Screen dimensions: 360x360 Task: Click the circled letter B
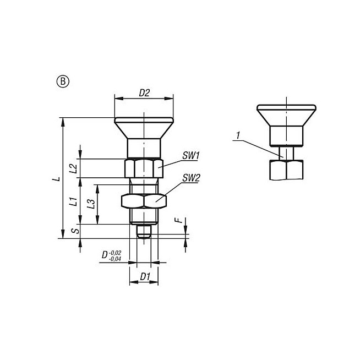point(63,81)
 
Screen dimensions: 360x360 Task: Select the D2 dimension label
point(144,93)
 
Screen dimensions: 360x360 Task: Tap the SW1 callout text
point(190,156)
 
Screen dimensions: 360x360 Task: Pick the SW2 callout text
point(191,178)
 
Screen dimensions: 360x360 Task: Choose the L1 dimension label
point(73,201)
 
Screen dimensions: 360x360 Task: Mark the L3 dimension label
point(91,204)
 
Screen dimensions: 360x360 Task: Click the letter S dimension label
point(76,231)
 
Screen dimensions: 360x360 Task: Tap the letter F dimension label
point(178,221)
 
